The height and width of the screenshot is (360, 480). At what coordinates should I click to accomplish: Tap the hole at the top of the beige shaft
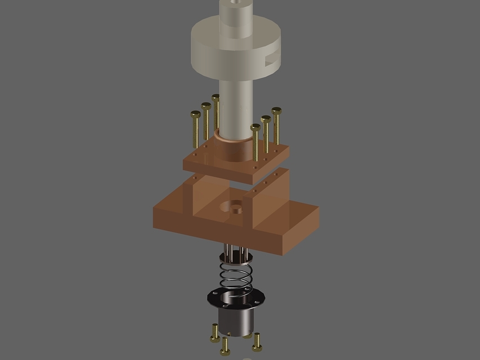[x=235, y=2]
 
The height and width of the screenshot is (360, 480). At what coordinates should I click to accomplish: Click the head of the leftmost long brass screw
[x=195, y=115]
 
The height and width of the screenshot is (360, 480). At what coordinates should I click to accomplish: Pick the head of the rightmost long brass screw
[x=276, y=111]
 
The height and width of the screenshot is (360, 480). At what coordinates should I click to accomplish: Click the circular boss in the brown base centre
[x=232, y=208]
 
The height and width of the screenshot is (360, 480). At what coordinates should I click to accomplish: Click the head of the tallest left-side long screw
[x=216, y=98]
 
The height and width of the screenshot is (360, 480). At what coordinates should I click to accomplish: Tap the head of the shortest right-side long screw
[x=255, y=128]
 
